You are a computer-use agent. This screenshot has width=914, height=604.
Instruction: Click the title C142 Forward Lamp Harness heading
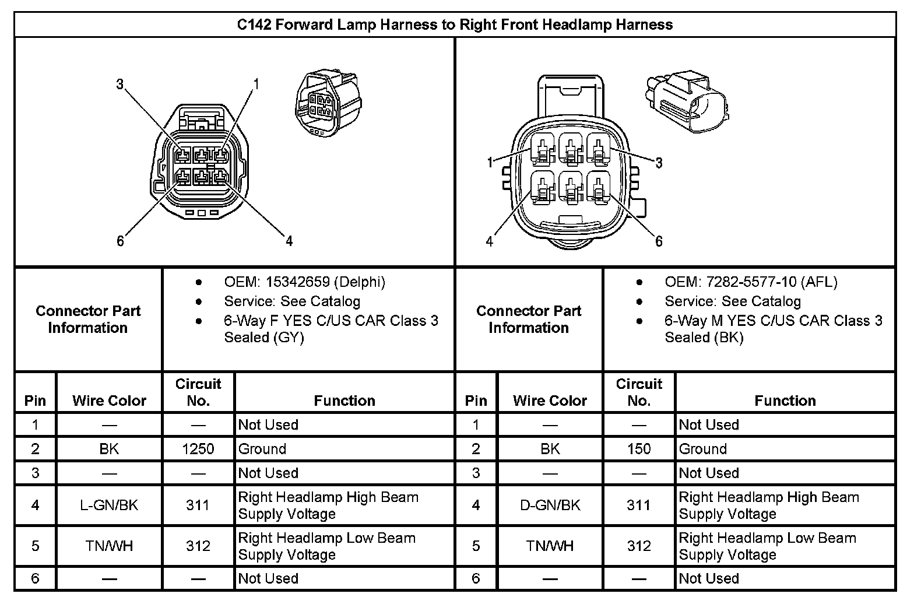[455, 24]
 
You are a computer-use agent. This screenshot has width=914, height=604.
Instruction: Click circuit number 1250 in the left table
[198, 449]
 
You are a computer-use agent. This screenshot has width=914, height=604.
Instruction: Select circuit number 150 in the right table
[639, 449]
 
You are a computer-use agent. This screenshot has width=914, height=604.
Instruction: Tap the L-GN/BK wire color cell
[109, 505]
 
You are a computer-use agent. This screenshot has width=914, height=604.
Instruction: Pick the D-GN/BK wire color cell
[550, 505]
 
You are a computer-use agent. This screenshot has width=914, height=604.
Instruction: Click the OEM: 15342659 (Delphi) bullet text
[304, 282]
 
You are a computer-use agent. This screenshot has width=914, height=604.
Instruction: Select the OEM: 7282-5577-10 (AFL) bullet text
[751, 282]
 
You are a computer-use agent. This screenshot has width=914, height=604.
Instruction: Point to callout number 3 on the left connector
[119, 84]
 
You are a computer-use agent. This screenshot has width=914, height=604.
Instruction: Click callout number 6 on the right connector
[659, 241]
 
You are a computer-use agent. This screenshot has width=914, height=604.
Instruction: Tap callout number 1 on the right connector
[491, 163]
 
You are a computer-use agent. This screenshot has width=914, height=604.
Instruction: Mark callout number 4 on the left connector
[289, 241]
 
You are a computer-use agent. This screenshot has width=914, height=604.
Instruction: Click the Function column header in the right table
[785, 401]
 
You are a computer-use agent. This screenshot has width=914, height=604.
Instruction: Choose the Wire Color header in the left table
[109, 401]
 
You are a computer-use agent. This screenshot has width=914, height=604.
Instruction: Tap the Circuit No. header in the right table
[639, 392]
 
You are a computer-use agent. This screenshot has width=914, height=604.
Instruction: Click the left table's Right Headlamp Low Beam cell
[326, 546]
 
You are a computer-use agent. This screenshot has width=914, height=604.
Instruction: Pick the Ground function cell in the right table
[703, 449]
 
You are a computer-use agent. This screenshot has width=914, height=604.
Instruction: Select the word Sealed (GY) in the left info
[264, 338]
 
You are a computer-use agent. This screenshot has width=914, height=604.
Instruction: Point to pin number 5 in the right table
[476, 546]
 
